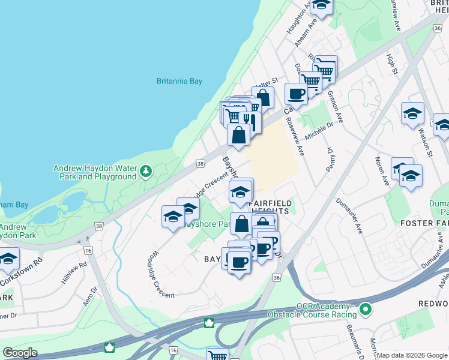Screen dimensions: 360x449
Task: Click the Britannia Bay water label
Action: [x=179, y=81]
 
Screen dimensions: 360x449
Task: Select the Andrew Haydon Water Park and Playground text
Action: [x=95, y=173]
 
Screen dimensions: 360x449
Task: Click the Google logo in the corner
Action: [x=20, y=353]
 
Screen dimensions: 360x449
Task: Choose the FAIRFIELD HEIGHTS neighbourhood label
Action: [x=270, y=208]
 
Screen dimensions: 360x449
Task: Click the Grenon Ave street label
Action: [x=334, y=108]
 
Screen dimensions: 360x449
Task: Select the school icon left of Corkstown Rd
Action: [x=8, y=259]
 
